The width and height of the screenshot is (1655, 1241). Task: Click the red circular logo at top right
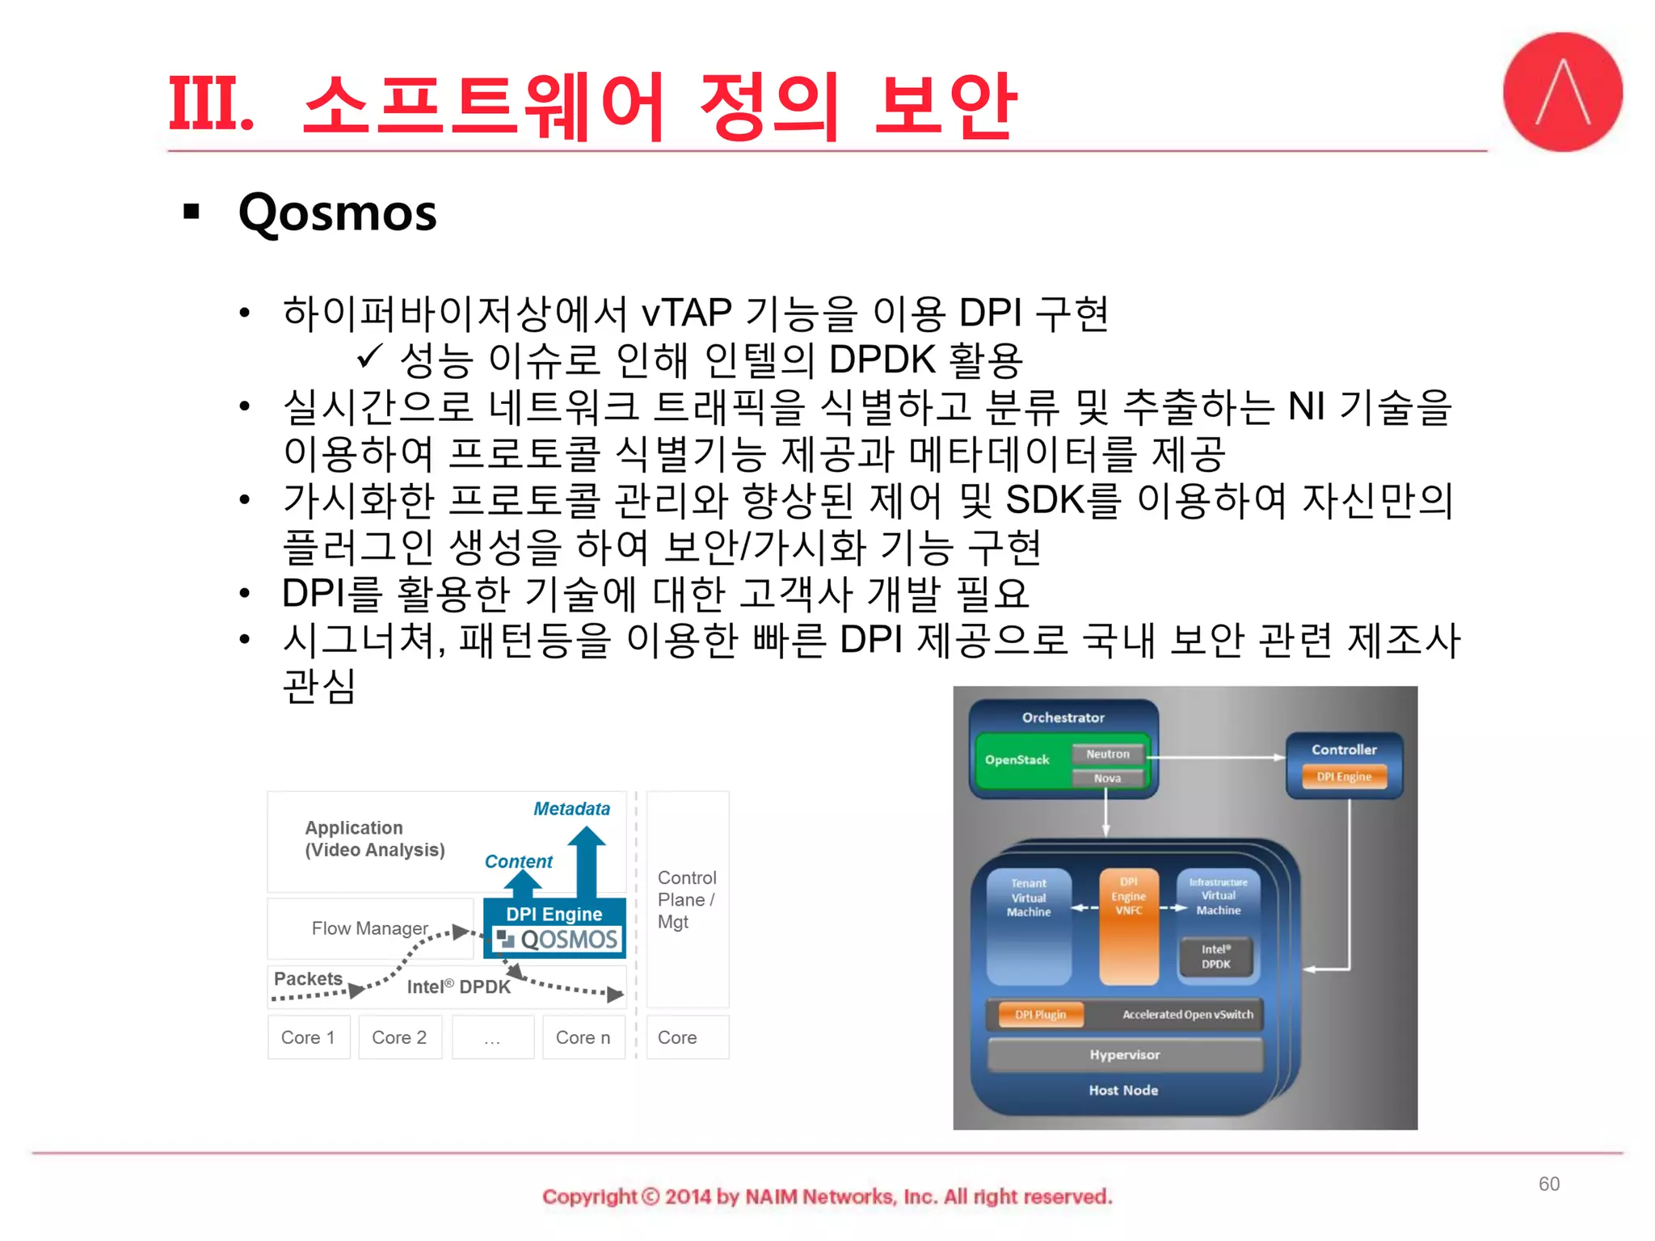pyautogui.click(x=1561, y=92)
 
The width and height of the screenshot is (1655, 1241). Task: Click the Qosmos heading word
pyautogui.click(x=337, y=213)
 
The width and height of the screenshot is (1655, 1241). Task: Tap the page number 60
pyautogui.click(x=1548, y=1184)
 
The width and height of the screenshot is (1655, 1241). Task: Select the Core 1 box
pyautogui.click(x=308, y=1037)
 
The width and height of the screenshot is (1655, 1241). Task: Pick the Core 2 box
pyautogui.click(x=399, y=1037)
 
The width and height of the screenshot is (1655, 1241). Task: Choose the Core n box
pyautogui.click(x=583, y=1037)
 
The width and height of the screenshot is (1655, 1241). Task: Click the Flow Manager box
pyautogui.click(x=369, y=928)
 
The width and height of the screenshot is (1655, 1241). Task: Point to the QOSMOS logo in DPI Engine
pyautogui.click(x=558, y=940)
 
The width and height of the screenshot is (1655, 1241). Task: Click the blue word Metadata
pyautogui.click(x=571, y=809)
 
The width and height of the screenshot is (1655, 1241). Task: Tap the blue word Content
pyautogui.click(x=518, y=861)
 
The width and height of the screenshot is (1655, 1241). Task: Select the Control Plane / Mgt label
pyautogui.click(x=686, y=899)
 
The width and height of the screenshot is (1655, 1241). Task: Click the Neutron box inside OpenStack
pyautogui.click(x=1107, y=754)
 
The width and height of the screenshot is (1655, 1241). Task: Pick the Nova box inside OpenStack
pyautogui.click(x=1107, y=778)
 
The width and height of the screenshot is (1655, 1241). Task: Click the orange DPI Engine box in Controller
pyautogui.click(x=1344, y=776)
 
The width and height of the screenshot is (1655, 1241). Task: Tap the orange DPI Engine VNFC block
pyautogui.click(x=1128, y=925)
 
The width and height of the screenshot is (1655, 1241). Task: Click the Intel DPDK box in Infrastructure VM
pyautogui.click(x=1215, y=957)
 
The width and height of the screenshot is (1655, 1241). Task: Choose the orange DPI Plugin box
pyautogui.click(x=1040, y=1015)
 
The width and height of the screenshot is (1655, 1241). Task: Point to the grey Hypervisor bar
pyautogui.click(x=1124, y=1055)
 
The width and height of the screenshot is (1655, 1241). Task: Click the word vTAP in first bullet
pyautogui.click(x=686, y=313)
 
